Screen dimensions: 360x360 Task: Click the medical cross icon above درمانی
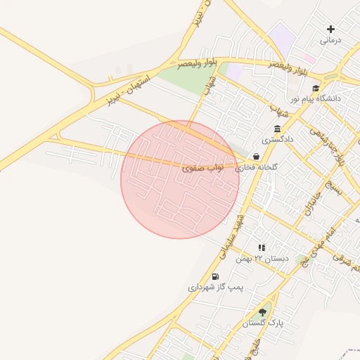pos(331,29)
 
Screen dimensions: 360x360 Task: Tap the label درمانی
pos(330,40)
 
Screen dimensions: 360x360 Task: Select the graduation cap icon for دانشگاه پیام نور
pos(316,88)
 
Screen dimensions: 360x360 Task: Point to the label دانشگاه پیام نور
pos(316,99)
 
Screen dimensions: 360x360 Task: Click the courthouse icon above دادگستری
pos(277,129)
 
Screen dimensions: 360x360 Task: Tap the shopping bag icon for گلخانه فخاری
pos(256,156)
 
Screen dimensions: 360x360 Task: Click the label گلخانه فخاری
pos(256,168)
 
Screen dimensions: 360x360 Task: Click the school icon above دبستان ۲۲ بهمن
pos(262,247)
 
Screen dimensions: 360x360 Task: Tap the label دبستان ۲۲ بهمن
pos(262,259)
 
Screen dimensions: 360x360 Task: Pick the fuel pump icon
pos(214,276)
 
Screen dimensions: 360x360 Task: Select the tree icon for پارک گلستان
pos(263,311)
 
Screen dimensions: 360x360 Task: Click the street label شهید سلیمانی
pos(232,235)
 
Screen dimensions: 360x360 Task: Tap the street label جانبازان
pos(311,202)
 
